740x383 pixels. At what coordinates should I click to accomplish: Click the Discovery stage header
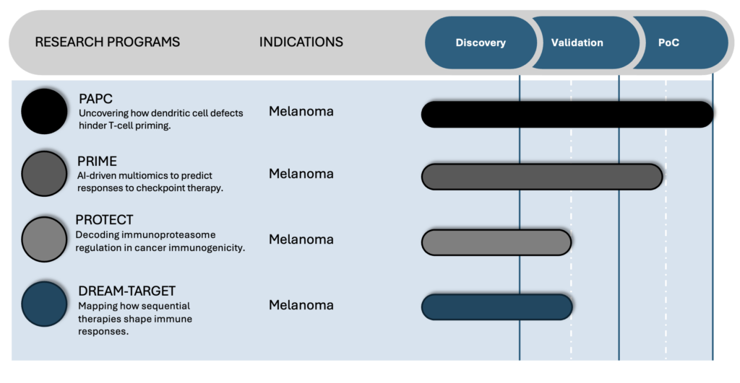pos(481,43)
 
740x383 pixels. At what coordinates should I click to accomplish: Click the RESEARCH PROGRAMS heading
pos(108,42)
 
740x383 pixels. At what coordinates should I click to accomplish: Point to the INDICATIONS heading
pos(301,42)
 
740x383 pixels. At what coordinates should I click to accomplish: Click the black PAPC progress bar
pos(567,115)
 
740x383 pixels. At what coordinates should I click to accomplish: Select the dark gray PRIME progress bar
pos(542,177)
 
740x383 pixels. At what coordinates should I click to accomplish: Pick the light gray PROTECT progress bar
pos(496,242)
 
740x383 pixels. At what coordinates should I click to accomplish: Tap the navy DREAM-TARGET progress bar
pos(496,307)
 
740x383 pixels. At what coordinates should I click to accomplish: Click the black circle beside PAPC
pos(44,111)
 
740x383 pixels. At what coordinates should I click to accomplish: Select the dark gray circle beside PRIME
pos(44,174)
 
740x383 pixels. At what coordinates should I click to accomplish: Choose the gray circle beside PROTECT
pos(44,239)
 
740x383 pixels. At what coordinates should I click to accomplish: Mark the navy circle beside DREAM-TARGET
pos(44,304)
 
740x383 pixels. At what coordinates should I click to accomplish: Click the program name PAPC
pos(95,99)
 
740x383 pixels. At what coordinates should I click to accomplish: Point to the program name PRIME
pos(97,161)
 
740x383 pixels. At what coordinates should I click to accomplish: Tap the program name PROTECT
pos(104,220)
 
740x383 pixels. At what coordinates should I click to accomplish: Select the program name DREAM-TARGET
pos(126,291)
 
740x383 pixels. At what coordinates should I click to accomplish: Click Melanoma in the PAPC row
pos(301,111)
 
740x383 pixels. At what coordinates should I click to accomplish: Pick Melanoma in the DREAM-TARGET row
pos(301,305)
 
